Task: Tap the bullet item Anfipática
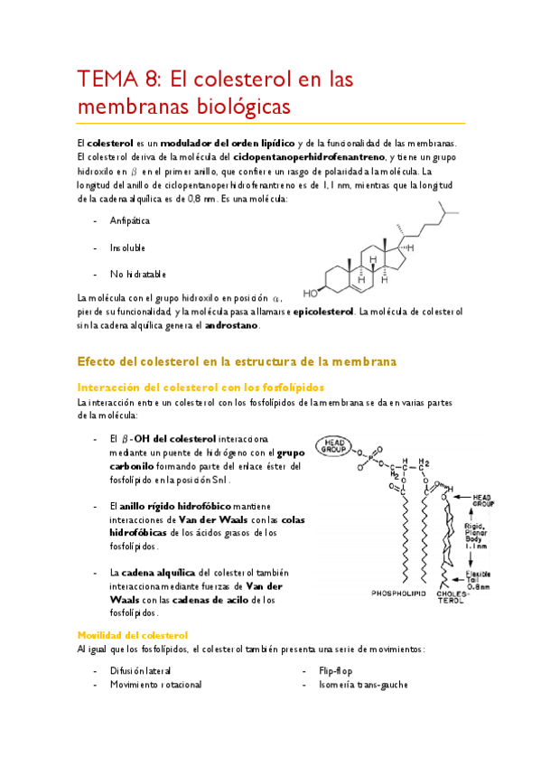pos(130,220)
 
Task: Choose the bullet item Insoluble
pos(127,247)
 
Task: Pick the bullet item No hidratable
pos(138,274)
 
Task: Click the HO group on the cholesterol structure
pos(311,293)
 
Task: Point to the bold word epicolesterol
pos(323,312)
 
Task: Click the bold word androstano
pos(232,324)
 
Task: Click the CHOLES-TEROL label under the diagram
pos(454,597)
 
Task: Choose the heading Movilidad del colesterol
pos(132,635)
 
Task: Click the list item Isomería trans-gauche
pos(363,684)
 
